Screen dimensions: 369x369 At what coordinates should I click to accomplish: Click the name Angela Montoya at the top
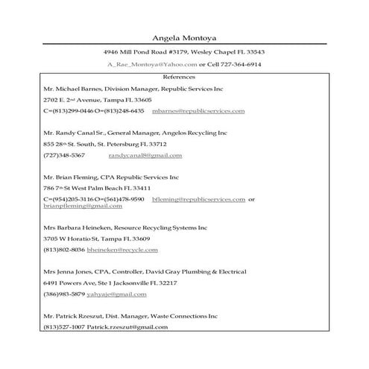coord(184,38)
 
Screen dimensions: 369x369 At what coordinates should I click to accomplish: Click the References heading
coord(183,77)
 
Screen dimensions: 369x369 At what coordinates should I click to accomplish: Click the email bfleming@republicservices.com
coord(198,199)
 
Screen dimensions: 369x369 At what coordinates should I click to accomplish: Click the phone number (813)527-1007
coord(64,327)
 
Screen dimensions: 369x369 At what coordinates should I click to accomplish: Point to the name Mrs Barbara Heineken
coord(76,227)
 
